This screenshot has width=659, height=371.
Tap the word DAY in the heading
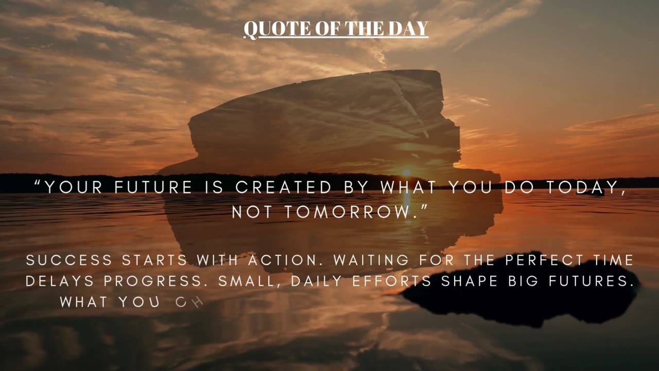pyautogui.click(x=409, y=29)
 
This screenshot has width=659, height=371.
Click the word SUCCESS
pyautogui.click(x=69, y=261)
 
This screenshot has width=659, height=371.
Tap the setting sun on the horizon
pyautogui.click(x=407, y=173)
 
